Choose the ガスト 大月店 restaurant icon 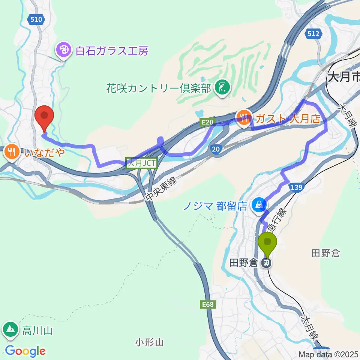pos(244,117)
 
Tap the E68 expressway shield pos(207,304)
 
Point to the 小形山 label pos(150,342)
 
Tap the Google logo pos(25,351)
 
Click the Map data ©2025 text pos(328,354)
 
